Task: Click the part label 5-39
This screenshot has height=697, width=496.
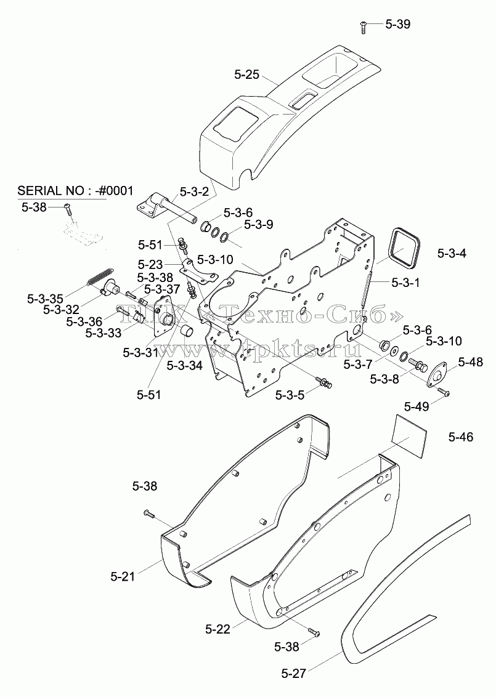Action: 397,24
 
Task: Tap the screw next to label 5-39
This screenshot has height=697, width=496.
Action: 363,26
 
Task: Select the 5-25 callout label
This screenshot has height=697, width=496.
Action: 246,75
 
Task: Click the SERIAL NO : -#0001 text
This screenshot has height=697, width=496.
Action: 75,191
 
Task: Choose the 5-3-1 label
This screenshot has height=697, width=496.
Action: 405,282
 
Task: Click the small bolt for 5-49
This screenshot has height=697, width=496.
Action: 444,392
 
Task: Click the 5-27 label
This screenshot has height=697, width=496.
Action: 294,674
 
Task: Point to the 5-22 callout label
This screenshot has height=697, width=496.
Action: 218,629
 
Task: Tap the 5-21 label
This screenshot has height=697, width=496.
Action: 123,576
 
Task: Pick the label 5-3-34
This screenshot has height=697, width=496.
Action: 185,365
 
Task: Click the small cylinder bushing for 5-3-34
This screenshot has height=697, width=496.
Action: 187,332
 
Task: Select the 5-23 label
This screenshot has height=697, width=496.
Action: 150,265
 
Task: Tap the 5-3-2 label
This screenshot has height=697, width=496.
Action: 195,191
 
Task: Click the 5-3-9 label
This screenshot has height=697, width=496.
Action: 259,225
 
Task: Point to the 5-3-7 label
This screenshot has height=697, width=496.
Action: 358,365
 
